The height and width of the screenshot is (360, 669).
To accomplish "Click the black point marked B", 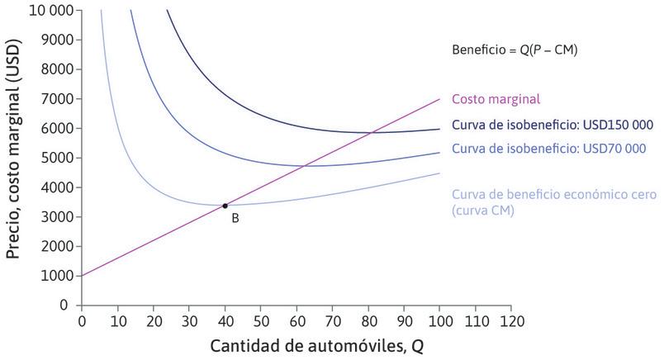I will tap(225, 205).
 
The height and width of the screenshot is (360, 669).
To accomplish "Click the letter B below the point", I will tap(235, 219).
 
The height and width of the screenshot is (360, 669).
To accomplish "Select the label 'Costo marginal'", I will tap(496, 99).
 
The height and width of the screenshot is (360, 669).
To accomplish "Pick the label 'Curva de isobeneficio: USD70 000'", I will tap(549, 149).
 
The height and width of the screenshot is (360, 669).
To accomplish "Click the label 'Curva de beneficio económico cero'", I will tap(554, 195).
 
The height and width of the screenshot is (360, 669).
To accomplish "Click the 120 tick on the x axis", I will tap(511, 319).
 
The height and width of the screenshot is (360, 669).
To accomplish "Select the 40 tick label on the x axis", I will tap(225, 319).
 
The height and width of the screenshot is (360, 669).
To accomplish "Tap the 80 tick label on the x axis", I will tap(368, 319).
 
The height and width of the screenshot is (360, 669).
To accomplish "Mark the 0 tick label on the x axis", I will tap(82, 319).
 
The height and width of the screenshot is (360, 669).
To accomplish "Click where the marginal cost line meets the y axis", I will tap(82, 276).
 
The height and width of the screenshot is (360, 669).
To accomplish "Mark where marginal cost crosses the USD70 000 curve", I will tap(305, 166).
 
